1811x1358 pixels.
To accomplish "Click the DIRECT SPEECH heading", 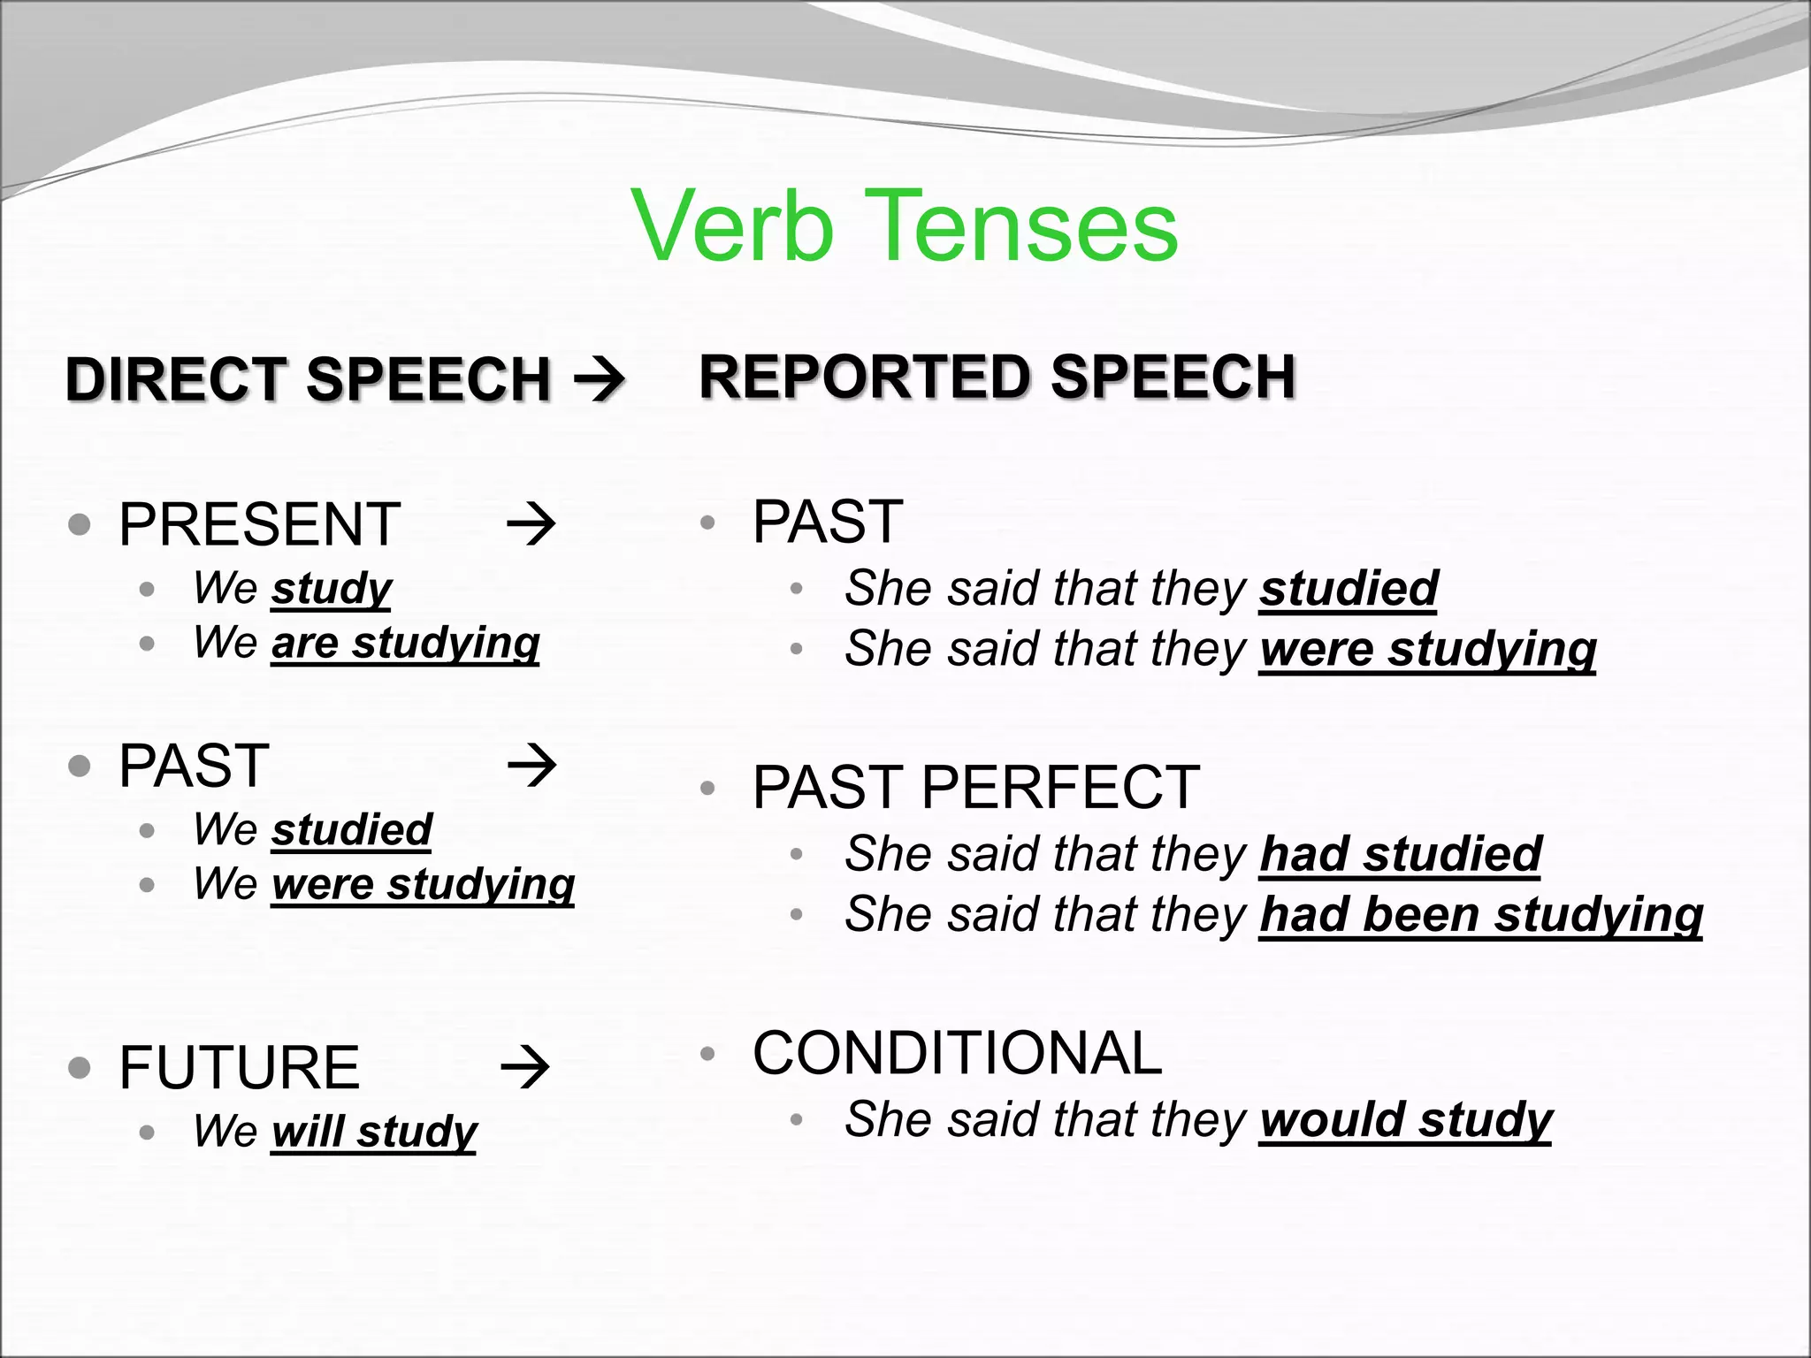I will (x=308, y=379).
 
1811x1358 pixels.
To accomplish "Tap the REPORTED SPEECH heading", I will (x=997, y=377).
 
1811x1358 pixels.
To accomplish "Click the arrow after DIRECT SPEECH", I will (x=600, y=381).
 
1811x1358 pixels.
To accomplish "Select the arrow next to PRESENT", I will (x=531, y=524).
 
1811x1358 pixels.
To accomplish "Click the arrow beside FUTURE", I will (x=525, y=1067).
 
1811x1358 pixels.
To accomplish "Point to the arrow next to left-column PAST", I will (x=532, y=766).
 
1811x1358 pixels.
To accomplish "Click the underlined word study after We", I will (x=332, y=589).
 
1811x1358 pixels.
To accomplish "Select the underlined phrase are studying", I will (x=405, y=643).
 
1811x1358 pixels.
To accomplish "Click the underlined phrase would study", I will (x=1405, y=1120).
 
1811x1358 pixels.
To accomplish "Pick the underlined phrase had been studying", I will (x=1480, y=914).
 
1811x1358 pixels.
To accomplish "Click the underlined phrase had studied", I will (x=1400, y=854).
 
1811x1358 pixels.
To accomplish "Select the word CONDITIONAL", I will (x=957, y=1053).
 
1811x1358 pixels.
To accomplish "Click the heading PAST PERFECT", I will (x=975, y=787).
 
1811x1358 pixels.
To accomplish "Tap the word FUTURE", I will (x=239, y=1067).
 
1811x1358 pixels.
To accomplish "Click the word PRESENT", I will (x=259, y=524).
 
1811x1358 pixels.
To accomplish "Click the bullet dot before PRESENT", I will (x=80, y=524).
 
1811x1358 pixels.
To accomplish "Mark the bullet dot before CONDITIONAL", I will (x=707, y=1053).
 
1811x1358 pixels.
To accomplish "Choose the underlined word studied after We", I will (x=351, y=830).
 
